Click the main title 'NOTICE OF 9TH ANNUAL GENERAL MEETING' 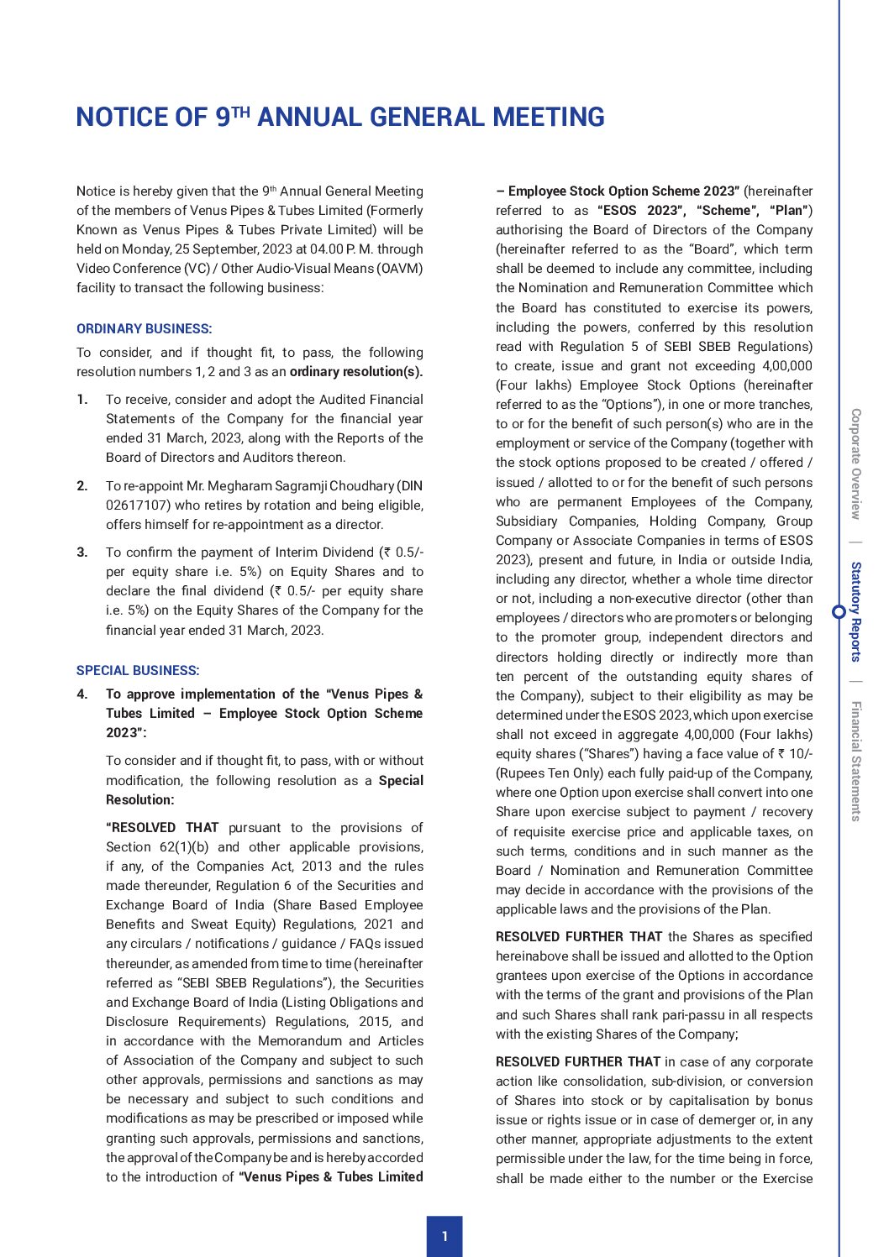coord(340,117)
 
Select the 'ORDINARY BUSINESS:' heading coord(144,328)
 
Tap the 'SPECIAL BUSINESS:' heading coord(138,670)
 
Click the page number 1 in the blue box coord(444,1236)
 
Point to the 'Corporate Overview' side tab coord(855,464)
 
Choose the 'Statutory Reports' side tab coord(855,611)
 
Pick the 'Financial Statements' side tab coord(855,761)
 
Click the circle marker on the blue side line coord(839,611)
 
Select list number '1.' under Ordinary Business coord(82,400)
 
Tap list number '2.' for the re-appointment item coord(82,486)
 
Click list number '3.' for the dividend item coord(82,553)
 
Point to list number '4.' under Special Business coord(82,694)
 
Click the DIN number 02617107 coord(130,505)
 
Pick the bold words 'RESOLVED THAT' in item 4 coord(162,828)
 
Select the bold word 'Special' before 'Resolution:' coord(401,781)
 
